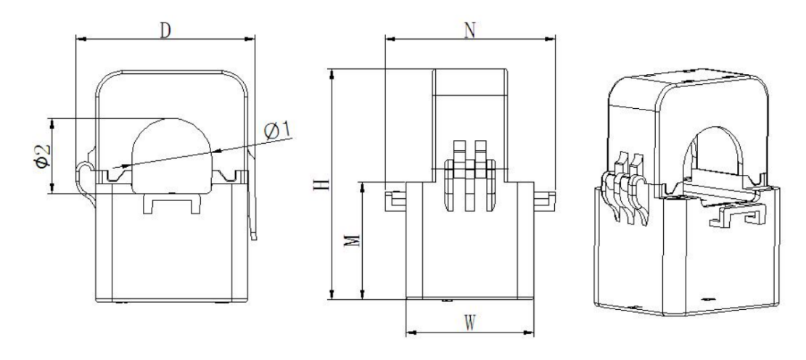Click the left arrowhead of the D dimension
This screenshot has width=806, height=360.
81,38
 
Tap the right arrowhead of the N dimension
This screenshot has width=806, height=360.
551,38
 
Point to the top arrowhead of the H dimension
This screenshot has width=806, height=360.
332,73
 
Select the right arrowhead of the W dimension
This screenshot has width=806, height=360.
530,332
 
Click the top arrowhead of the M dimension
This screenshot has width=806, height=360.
363,187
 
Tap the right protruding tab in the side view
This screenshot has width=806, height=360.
545,200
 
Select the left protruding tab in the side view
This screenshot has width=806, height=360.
396,200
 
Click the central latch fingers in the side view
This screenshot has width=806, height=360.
470,175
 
